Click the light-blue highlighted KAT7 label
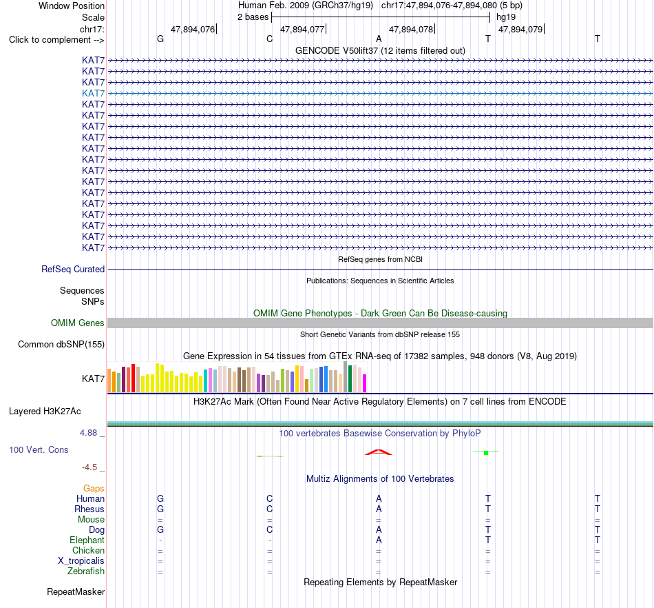[93, 93]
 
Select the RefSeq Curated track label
[73, 270]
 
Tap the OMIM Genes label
[78, 323]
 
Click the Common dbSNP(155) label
[61, 345]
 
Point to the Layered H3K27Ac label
[45, 412]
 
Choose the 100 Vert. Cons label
[39, 449]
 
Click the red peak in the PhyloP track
[379, 452]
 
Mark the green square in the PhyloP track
[486, 453]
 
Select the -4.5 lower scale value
[89, 467]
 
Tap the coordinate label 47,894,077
[302, 29]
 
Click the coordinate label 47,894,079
[520, 29]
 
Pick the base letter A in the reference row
[379, 39]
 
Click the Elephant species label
[87, 540]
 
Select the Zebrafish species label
[86, 571]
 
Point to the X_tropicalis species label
[81, 561]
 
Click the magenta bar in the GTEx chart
[365, 383]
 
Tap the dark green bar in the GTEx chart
[350, 378]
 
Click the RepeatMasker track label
[76, 591]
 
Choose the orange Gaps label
[94, 489]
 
